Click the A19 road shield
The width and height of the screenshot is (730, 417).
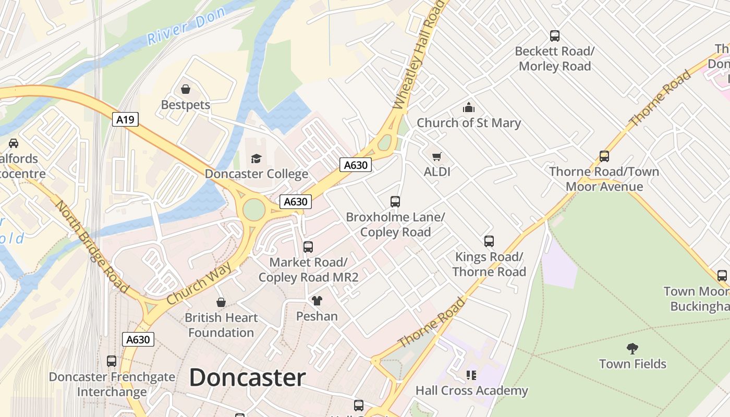pos(125,120)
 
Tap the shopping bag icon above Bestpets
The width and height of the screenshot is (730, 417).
pos(186,89)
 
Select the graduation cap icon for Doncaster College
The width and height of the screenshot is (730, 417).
pos(256,158)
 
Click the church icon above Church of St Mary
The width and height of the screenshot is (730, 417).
pos(469,108)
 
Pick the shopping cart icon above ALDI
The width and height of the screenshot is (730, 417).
pos(437,156)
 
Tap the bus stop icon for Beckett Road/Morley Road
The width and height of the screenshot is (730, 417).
pos(555,36)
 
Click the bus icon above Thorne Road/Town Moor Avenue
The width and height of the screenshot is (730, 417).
pos(604,156)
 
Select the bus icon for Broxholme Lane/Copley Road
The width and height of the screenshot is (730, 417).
pos(395,202)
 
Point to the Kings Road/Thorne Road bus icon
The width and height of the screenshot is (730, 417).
pos(489,241)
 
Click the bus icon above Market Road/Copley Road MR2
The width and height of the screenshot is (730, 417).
pos(308,247)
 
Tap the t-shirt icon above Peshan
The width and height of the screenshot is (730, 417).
pos(317,301)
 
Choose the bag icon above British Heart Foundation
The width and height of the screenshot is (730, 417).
pos(221,302)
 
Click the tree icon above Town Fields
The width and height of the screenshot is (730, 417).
pos(632,348)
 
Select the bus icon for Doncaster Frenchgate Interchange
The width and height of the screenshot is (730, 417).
pos(112,361)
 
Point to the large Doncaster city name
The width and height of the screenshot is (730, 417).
pos(247,377)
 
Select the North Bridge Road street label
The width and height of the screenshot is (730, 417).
pos(92,246)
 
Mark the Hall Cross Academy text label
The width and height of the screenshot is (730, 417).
pos(472,390)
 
